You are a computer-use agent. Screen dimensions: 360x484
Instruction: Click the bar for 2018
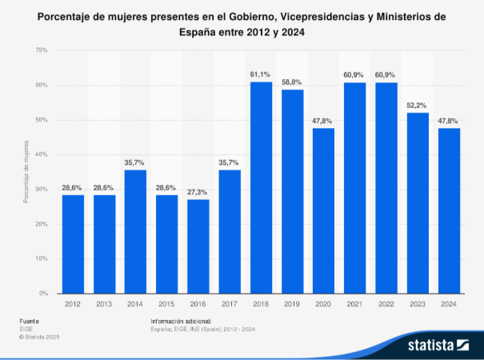[261, 188]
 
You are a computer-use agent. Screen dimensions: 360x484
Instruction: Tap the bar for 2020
[323, 210]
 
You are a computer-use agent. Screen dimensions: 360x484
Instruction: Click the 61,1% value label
[261, 74]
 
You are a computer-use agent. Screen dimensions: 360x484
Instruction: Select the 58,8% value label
[292, 82]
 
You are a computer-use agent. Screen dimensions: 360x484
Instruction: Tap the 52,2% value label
[418, 106]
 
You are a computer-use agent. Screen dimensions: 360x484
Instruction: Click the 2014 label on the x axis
[135, 303]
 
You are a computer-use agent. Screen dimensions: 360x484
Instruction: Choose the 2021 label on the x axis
[354, 303]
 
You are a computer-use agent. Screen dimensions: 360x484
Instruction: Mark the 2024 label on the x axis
[449, 303]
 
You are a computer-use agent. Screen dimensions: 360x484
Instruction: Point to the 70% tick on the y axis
[42, 50]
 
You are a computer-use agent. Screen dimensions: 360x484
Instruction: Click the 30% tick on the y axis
[42, 189]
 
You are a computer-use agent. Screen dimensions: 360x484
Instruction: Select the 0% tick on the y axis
[43, 294]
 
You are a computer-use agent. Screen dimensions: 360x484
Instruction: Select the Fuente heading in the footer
[30, 321]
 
